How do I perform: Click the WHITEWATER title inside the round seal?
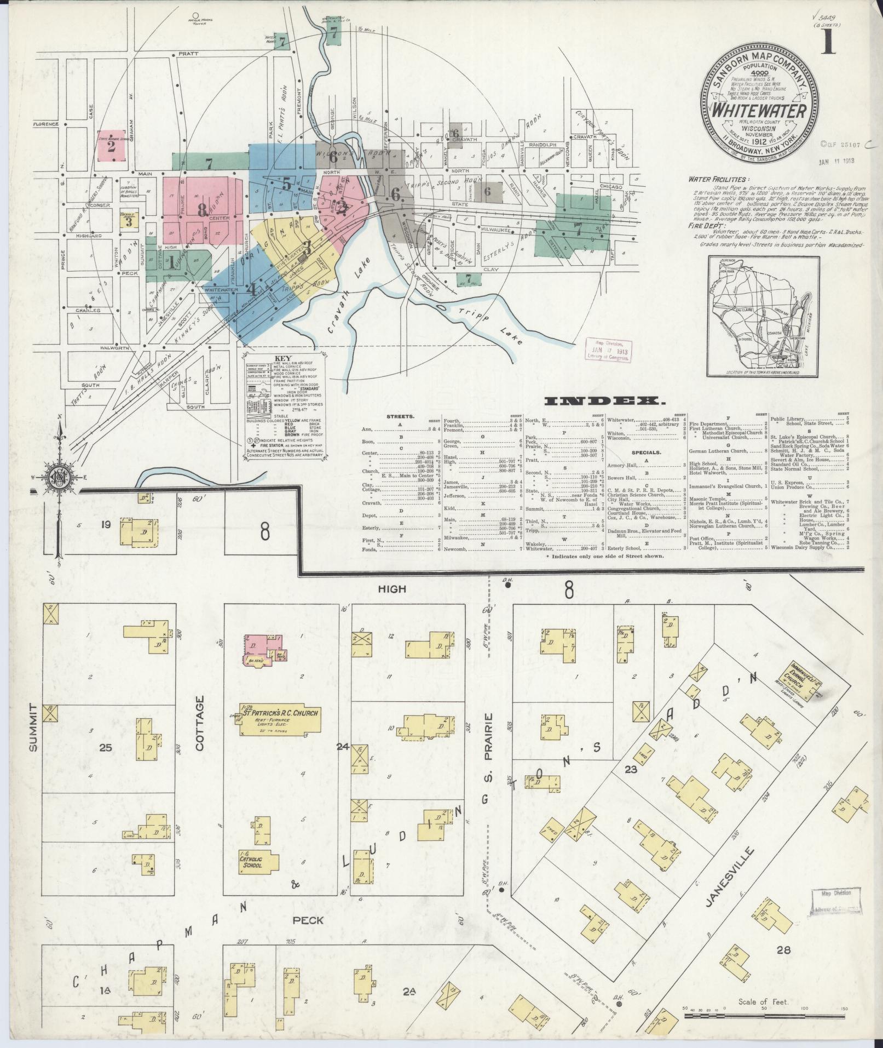758,110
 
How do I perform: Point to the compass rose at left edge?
57,476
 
